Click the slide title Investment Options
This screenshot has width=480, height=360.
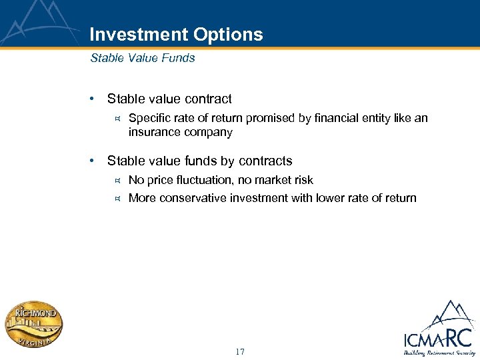point(176,35)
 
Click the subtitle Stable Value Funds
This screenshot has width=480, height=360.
point(143,58)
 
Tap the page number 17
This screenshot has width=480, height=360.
point(240,351)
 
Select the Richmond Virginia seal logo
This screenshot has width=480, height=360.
point(34,325)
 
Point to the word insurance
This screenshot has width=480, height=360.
point(153,132)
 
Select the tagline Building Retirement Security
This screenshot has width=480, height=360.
point(439,353)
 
